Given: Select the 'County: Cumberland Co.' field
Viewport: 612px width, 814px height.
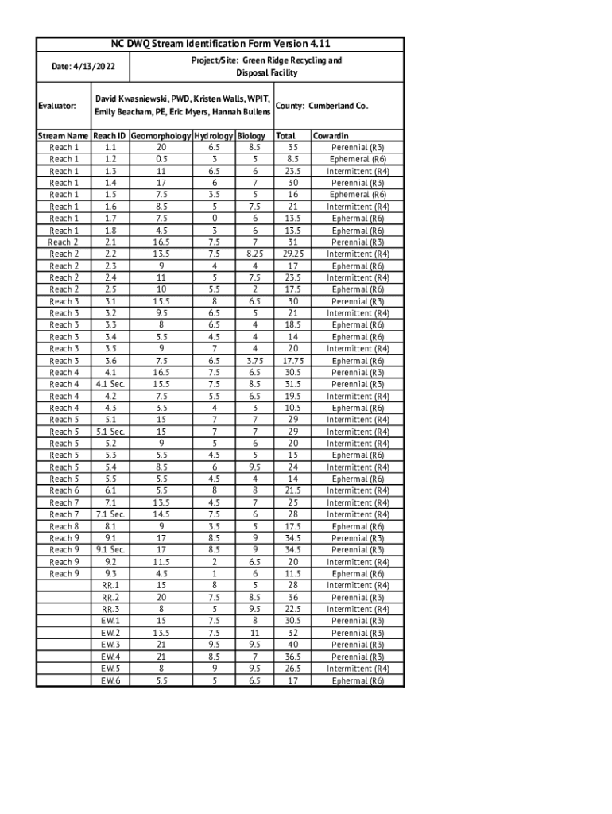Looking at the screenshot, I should pyautogui.click(x=321, y=105).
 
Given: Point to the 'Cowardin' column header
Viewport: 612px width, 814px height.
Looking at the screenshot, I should pyautogui.click(x=331, y=136).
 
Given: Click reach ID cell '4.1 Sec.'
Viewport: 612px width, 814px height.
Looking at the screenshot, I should pyautogui.click(x=110, y=384).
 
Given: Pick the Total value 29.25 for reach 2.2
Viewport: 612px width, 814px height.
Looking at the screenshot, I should pyautogui.click(x=292, y=254).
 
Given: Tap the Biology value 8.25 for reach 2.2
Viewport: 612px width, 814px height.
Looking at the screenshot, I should pyautogui.click(x=254, y=254).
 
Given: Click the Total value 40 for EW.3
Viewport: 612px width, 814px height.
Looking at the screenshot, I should pyautogui.click(x=292, y=645).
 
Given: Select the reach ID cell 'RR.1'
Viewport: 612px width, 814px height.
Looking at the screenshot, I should pyautogui.click(x=110, y=585).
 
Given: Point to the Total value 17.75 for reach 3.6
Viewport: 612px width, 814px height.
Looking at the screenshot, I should pyautogui.click(x=292, y=361).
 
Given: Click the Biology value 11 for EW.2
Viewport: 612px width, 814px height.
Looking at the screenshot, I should pyautogui.click(x=254, y=633).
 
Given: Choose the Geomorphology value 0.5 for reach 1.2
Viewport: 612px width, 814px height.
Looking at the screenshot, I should pyautogui.click(x=161, y=159).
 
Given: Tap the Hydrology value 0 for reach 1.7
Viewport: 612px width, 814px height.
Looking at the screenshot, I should pyautogui.click(x=214, y=219).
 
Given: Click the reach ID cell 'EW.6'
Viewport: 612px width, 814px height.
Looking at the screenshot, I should pyautogui.click(x=110, y=680).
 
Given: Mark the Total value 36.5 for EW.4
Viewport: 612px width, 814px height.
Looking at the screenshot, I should pyautogui.click(x=292, y=657).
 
